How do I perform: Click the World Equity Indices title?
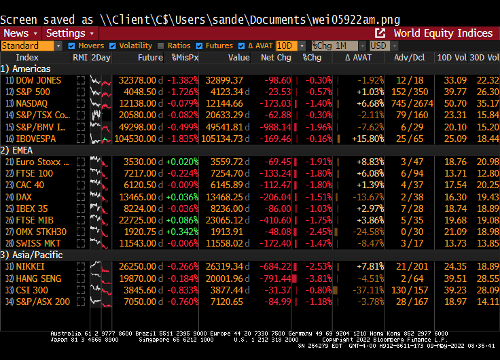coord(443,33)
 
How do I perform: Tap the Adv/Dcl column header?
coord(409,58)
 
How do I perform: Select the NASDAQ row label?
coord(32,103)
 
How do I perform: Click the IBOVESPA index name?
coord(36,139)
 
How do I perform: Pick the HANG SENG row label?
coord(38,278)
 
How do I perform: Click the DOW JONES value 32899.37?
coord(224,80)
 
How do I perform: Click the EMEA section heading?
coord(17,150)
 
